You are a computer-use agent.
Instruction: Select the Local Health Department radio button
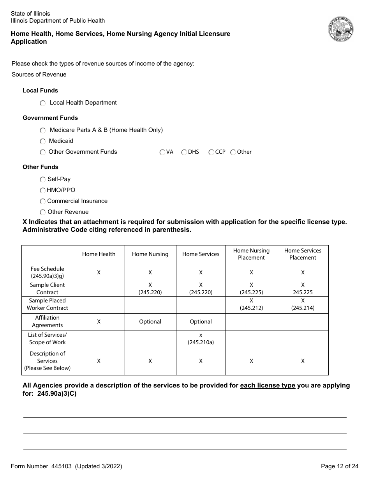[42, 103]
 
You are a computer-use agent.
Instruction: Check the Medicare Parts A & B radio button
[42, 130]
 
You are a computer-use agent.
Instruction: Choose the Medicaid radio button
[42, 141]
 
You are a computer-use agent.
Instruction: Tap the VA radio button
[162, 152]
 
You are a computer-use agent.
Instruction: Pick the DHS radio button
[184, 152]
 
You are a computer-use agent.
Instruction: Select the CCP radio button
[211, 152]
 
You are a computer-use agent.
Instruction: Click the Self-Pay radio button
[42, 180]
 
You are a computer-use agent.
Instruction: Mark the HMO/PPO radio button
[42, 190]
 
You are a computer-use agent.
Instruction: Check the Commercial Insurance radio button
[42, 201]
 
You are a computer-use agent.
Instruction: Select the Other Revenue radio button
[42, 212]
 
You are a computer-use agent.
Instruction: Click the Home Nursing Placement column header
[251, 254]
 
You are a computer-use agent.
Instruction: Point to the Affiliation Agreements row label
[47, 322]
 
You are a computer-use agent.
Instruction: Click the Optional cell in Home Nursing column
[150, 322]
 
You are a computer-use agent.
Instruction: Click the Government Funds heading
[50, 118]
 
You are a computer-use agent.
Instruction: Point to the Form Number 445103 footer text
[66, 466]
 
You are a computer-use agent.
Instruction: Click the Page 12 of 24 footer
[339, 466]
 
